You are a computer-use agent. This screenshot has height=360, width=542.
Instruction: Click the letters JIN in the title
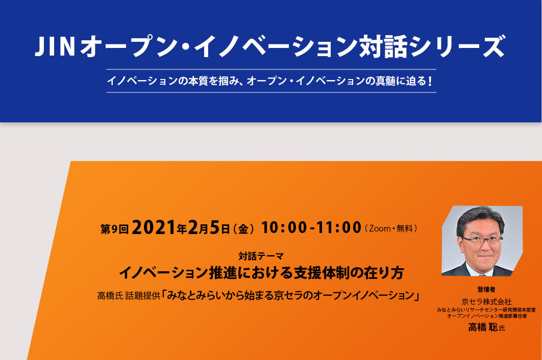coord(55,46)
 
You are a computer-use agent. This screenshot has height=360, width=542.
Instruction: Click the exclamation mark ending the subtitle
coord(430,81)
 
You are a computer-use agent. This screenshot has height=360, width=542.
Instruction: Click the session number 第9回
coord(114,229)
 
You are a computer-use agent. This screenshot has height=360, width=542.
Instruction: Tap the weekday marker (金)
coord(243,228)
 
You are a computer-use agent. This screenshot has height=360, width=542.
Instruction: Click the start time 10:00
coord(284,227)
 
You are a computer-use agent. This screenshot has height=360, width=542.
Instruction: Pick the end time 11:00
coord(338,227)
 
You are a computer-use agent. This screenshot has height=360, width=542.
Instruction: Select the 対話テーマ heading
coord(261,256)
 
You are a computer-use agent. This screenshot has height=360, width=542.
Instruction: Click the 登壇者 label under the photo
coord(486,289)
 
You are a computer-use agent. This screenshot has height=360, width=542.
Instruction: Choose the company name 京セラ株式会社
coord(486,301)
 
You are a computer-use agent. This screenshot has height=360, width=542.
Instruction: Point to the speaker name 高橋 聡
coord(483,327)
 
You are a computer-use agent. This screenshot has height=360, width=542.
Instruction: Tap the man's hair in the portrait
coord(480,218)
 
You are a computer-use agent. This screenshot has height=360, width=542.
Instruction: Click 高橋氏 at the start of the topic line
coord(110,296)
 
